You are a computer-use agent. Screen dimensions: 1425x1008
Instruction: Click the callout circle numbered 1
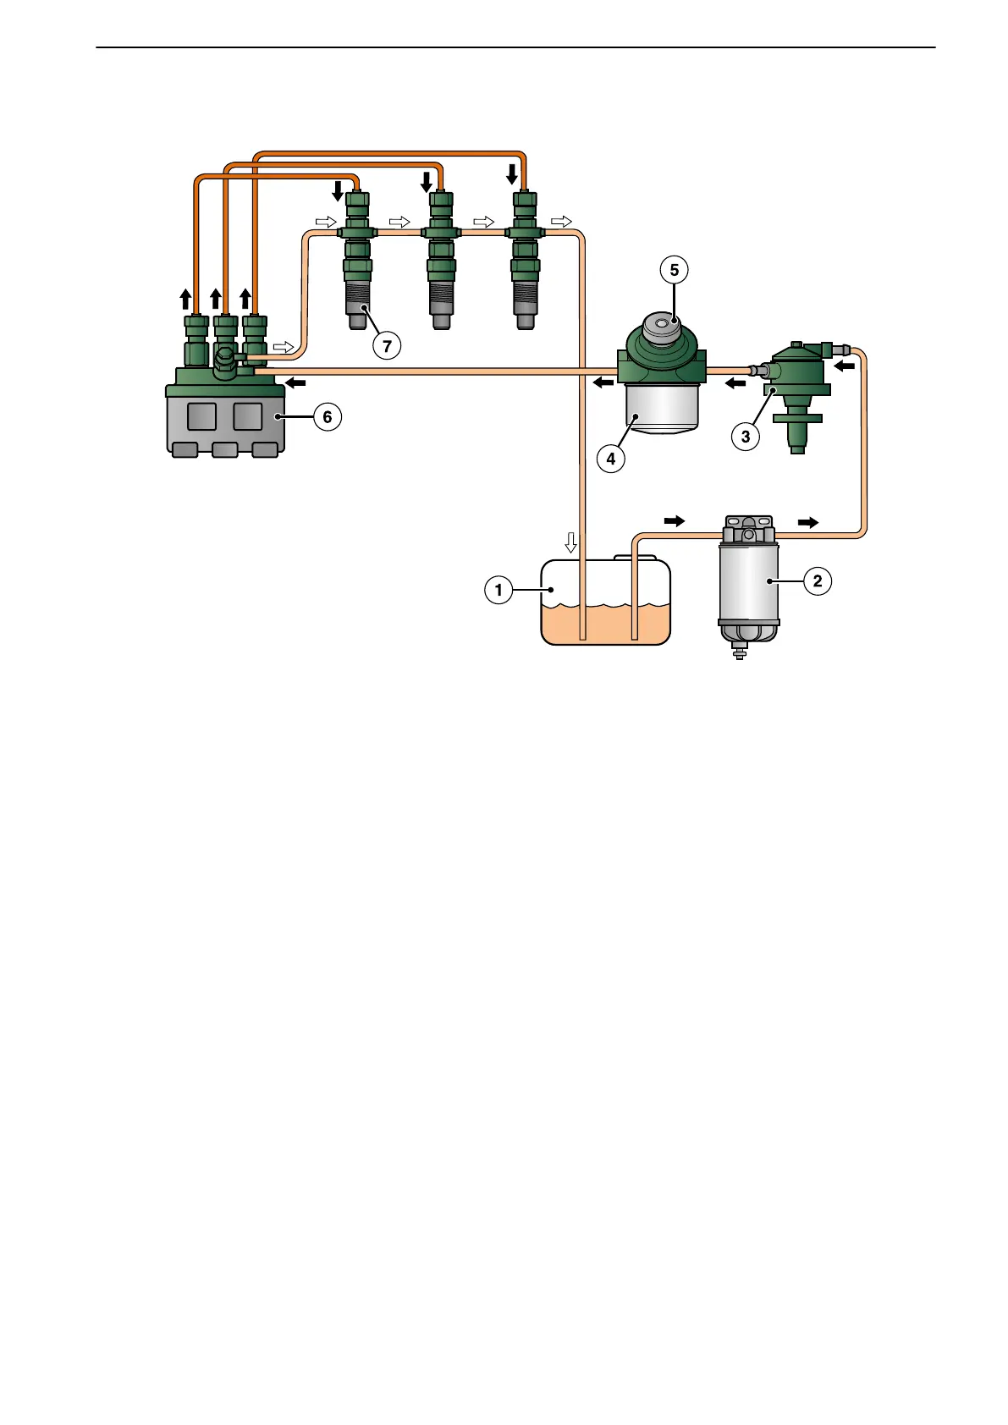pos(498,589)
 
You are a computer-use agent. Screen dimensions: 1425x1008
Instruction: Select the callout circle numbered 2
pos(817,580)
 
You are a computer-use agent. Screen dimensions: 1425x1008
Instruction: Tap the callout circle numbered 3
pos(746,437)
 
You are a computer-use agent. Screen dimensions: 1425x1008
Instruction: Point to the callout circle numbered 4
pos(611,459)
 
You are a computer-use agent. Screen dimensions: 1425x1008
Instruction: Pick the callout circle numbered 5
pos(674,270)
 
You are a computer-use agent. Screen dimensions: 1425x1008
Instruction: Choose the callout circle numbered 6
pos(328,416)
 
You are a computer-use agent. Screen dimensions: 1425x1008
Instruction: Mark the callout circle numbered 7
pos(387,345)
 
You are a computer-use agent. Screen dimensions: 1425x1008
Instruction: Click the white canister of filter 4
pos(662,408)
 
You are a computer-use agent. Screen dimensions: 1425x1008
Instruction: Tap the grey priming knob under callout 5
pos(663,327)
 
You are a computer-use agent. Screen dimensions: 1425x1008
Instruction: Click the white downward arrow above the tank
pos(571,542)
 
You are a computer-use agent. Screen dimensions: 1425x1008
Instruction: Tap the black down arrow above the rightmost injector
pos(511,174)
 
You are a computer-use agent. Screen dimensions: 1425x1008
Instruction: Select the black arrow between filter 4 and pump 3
pos(735,383)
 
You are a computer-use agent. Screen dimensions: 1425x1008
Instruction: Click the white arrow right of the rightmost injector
pos(561,222)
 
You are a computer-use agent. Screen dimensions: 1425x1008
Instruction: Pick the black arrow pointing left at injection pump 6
pos(295,383)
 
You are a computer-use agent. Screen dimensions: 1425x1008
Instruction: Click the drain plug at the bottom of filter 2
pos(739,652)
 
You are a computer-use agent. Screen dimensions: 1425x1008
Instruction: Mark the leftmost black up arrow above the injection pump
pos(185,299)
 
